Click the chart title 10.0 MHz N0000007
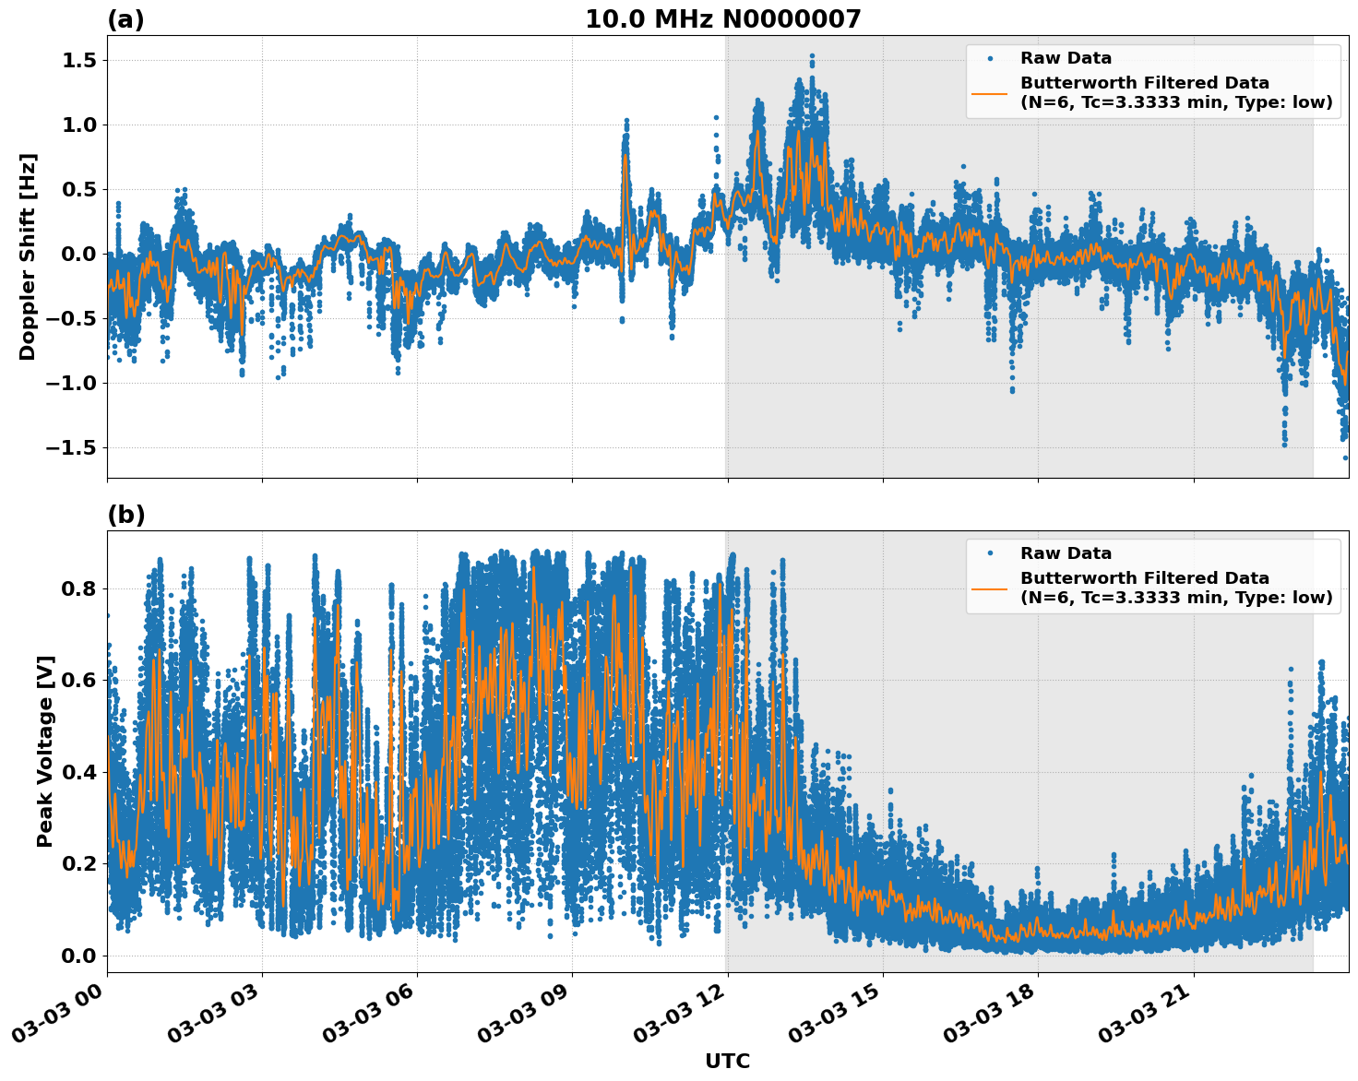[x=722, y=19]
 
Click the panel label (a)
[x=125, y=19]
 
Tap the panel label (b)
[x=125, y=515]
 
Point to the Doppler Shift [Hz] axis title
[x=28, y=256]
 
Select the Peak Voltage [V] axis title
[x=45, y=751]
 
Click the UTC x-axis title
[x=727, y=1061]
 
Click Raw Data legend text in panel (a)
[x=1066, y=58]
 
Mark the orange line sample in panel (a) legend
[x=989, y=93]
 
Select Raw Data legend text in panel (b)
[x=1066, y=553]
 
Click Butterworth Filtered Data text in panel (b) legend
[x=1144, y=578]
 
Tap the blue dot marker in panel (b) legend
[x=989, y=553]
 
